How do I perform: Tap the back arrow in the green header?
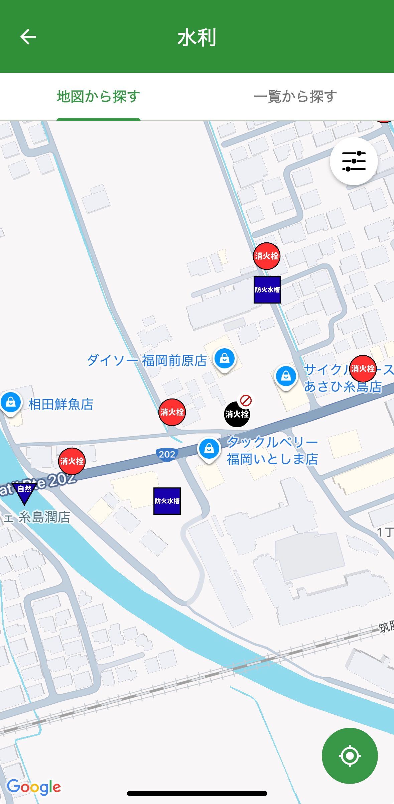(28, 37)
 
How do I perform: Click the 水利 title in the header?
(197, 37)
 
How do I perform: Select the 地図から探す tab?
(98, 97)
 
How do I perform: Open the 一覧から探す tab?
(295, 97)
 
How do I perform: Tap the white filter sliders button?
(354, 161)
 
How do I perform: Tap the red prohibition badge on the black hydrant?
(246, 400)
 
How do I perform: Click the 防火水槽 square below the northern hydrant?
(267, 290)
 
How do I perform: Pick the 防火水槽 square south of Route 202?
(167, 501)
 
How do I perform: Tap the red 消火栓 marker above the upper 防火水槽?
(266, 256)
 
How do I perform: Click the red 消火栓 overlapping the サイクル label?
(363, 368)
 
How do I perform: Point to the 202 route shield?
(167, 454)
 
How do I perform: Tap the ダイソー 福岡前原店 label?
(147, 361)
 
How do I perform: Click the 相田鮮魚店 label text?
(61, 404)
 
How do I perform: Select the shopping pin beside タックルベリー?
(209, 449)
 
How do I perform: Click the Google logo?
(34, 787)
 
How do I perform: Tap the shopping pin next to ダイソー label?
(225, 358)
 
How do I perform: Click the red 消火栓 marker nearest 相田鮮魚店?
(72, 461)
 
